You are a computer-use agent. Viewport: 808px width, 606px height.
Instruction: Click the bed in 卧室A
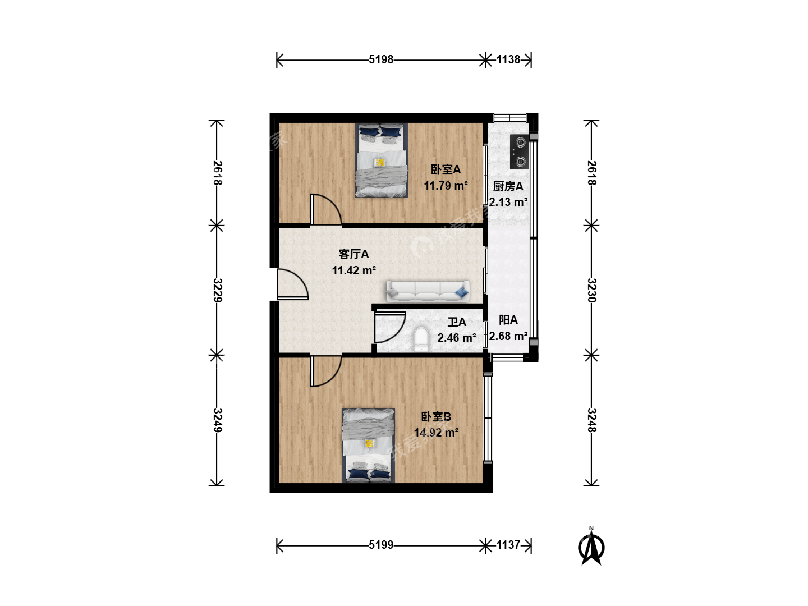click(381, 160)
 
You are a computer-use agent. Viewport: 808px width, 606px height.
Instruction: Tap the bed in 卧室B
click(368, 445)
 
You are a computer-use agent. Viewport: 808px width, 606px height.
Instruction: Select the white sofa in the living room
click(428, 291)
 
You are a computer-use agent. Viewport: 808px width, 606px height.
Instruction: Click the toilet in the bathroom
click(421, 339)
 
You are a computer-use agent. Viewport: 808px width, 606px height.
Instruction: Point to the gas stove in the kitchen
click(520, 152)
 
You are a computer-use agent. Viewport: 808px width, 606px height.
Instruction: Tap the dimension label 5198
click(381, 59)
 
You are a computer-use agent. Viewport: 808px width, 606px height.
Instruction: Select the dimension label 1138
click(508, 59)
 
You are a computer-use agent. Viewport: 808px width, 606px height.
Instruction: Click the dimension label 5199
click(381, 544)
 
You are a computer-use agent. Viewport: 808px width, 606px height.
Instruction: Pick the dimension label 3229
click(218, 290)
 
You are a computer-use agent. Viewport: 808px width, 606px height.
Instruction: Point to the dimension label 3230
click(591, 290)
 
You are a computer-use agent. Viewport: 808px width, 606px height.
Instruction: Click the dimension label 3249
click(218, 420)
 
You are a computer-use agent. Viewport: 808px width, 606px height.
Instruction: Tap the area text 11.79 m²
click(446, 185)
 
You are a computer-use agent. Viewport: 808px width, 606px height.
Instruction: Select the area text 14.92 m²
click(436, 432)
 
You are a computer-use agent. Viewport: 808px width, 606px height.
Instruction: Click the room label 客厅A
click(353, 254)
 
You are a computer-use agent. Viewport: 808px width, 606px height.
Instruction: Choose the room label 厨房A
click(508, 186)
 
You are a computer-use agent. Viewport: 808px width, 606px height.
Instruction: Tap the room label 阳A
click(508, 320)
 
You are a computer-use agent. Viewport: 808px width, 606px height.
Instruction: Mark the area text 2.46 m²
click(456, 338)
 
